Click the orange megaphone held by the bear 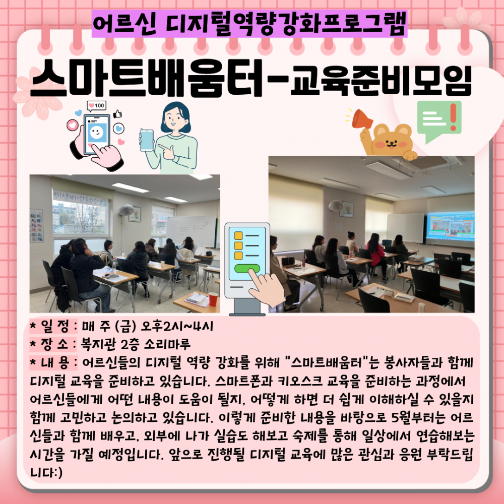click(x=361, y=119)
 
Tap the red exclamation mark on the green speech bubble click(x=453, y=116)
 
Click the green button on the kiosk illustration click(x=247, y=268)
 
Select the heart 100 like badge click(x=96, y=106)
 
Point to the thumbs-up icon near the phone click(x=117, y=114)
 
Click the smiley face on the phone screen click(x=96, y=132)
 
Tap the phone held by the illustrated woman click(x=147, y=140)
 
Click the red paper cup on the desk click(x=213, y=299)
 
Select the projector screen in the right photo click(x=450, y=226)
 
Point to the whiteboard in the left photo click(x=192, y=231)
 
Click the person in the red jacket click(x=376, y=253)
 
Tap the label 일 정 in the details click(x=55, y=326)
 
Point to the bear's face click(x=391, y=142)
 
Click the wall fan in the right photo click(x=336, y=206)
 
